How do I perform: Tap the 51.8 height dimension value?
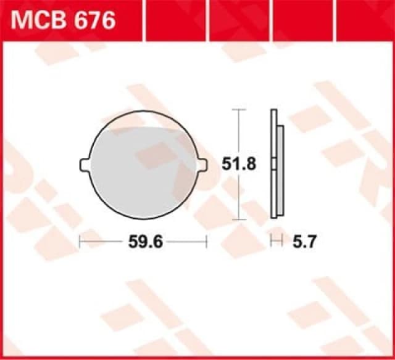tap(238, 164)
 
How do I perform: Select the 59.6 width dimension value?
tap(145, 242)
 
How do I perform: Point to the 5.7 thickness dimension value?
tap(304, 242)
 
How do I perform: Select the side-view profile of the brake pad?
tap(276, 164)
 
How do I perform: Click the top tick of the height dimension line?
tap(238, 110)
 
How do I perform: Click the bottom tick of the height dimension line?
tap(238, 219)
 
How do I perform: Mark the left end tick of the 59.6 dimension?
tap(80, 242)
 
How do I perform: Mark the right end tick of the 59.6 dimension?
tap(207, 242)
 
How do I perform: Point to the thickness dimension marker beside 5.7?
tap(276, 242)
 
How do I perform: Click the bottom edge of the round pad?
tap(143, 218)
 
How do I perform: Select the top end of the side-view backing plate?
tap(273, 112)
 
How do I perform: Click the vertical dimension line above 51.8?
tap(238, 133)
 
